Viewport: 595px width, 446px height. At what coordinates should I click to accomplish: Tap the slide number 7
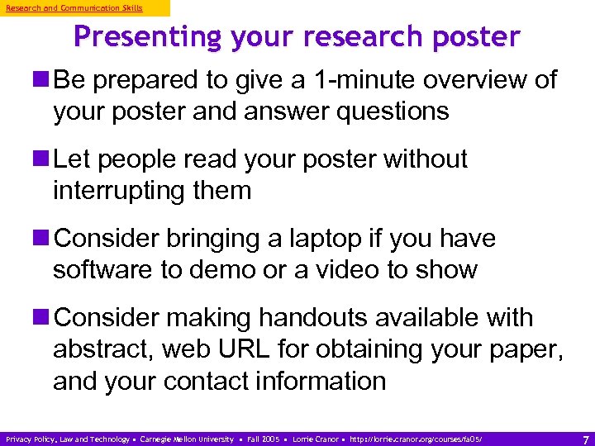(x=585, y=439)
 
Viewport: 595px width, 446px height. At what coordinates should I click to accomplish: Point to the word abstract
(x=101, y=349)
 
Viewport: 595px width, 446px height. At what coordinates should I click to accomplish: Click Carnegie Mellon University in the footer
(x=187, y=439)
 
